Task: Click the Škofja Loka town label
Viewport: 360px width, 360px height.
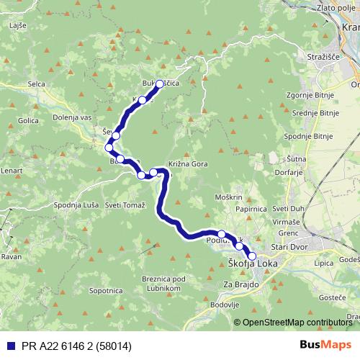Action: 253,264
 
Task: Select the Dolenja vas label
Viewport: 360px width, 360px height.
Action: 73,117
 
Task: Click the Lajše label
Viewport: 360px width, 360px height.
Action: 18,26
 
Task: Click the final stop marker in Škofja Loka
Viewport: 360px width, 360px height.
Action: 252,255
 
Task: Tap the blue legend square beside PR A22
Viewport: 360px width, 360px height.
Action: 9,346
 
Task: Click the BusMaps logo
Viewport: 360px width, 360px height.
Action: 326,346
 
